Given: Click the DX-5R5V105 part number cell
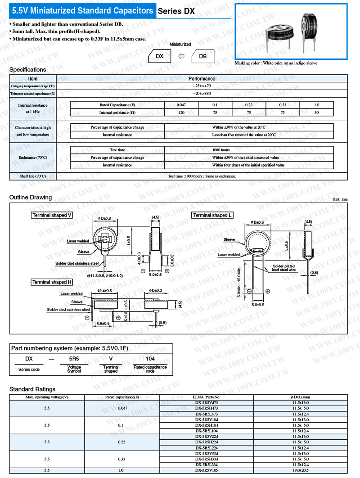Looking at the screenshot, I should tap(207, 470).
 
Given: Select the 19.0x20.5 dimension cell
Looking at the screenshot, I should tap(300, 470).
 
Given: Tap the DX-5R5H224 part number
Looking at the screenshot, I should tap(207, 442).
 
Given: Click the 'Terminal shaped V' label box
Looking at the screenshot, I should tap(52, 215).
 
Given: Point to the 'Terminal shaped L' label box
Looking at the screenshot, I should tap(212, 215).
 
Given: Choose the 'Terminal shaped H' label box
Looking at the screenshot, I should tap(52, 282).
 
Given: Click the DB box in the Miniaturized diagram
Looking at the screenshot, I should tap(202, 56).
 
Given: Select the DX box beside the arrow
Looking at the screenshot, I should tap(160, 56).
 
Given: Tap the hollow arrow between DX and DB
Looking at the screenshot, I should tap(181, 56).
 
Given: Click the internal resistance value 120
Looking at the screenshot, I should tap(182, 113).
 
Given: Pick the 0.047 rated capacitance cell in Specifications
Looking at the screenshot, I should tap(182, 105).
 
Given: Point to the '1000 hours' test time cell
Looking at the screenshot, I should tap(221, 150).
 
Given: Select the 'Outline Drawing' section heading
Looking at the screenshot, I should tap(31, 197).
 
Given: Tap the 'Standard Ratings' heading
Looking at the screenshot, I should tap(32, 389).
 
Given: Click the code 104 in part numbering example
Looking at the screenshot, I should tap(150, 359).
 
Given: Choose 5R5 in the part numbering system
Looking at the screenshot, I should tap(74, 359).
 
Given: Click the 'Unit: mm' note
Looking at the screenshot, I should tap(340, 199).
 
